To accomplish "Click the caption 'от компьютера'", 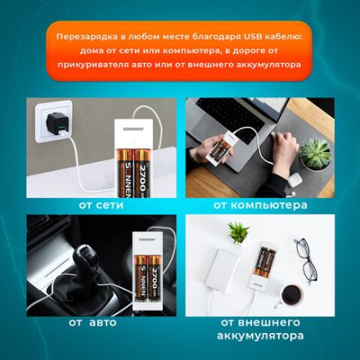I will click(x=260, y=205).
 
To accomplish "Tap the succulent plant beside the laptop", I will click(x=315, y=153).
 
